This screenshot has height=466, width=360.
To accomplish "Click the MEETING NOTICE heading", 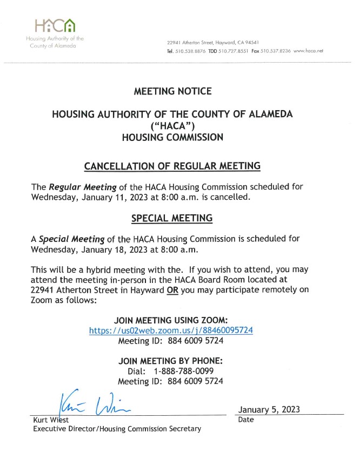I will [172, 91].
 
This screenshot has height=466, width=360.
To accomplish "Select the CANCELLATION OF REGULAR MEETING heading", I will [172, 165].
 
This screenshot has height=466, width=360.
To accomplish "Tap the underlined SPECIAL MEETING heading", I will [172, 218].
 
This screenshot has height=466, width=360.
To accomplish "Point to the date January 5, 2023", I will [269, 409].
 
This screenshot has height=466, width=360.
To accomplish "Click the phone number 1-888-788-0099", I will [184, 371].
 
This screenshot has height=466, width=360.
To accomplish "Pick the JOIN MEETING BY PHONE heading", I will [170, 361].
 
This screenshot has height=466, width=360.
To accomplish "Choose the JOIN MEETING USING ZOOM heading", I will [170, 320].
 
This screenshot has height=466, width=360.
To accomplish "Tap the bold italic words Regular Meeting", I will [83, 187].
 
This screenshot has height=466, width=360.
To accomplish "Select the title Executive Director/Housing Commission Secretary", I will [117, 429].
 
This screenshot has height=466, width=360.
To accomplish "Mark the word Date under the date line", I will [246, 420].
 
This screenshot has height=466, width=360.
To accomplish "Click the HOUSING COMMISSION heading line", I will [172, 137].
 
